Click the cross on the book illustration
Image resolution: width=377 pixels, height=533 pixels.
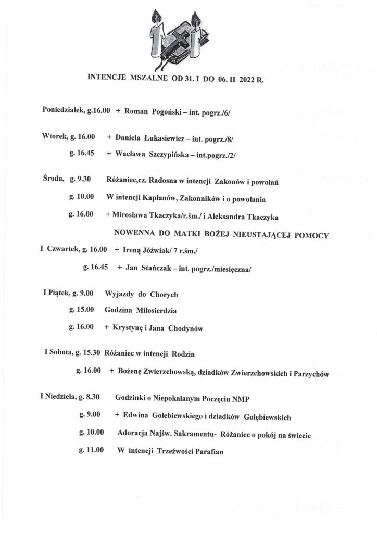[x=178, y=41]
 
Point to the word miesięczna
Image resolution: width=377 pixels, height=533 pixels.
[x=233, y=268]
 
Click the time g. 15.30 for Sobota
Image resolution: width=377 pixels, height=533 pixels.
[x=89, y=354]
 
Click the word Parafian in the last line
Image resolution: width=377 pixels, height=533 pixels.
[x=206, y=451]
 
